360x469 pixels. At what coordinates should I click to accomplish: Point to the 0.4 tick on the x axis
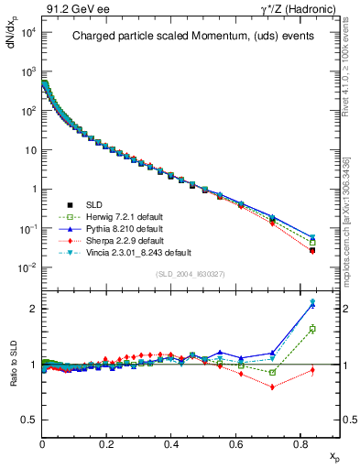(x=172, y=443)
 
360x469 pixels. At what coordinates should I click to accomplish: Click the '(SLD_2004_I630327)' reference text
(x=191, y=274)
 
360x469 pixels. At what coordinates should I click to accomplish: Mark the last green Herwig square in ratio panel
(x=312, y=329)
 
